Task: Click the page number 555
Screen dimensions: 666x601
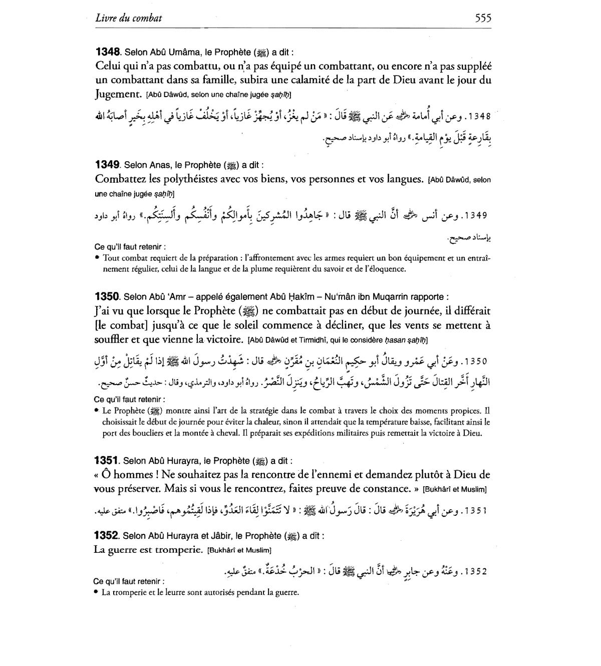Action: (x=482, y=19)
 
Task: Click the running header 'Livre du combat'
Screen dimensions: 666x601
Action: (x=128, y=19)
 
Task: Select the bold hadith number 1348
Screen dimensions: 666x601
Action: (x=107, y=52)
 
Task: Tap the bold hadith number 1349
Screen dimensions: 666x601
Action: (x=107, y=164)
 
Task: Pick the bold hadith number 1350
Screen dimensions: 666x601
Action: (x=107, y=296)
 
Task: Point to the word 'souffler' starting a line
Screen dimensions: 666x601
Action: (x=111, y=340)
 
